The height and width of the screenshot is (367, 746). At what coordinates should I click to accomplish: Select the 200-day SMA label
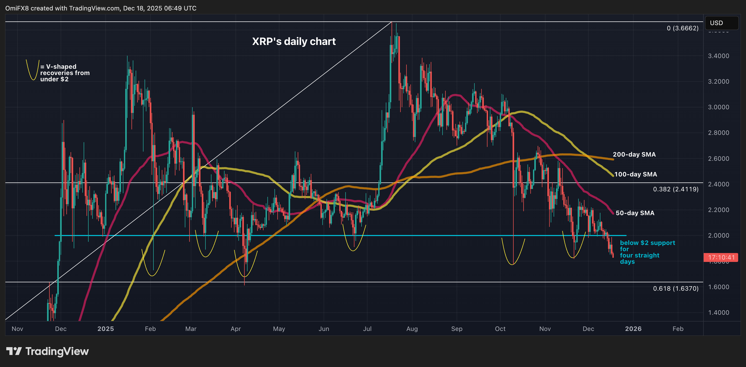634,154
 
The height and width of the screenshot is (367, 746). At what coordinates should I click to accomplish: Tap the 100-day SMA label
635,174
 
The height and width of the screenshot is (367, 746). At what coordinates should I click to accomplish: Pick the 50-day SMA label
635,213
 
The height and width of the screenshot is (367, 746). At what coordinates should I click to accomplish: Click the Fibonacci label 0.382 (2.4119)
675,189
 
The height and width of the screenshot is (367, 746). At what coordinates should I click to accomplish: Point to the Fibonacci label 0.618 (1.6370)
675,289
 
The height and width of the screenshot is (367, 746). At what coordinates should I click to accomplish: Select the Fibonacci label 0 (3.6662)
682,28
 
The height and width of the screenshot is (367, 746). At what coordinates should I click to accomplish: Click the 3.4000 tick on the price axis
718,56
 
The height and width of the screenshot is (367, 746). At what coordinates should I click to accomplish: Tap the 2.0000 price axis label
718,236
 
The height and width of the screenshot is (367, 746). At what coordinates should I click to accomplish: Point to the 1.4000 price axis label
718,313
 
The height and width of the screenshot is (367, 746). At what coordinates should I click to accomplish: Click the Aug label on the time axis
412,329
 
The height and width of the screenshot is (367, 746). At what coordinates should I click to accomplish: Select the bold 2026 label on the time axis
633,329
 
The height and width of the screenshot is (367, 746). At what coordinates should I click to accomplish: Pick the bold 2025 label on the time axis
105,329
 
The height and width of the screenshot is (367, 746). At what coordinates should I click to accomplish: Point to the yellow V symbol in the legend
32,70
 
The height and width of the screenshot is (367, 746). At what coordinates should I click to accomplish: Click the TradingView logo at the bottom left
48,351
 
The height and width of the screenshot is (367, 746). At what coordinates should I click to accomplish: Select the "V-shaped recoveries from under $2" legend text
65,73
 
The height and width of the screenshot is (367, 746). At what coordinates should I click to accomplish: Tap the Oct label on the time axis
500,329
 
